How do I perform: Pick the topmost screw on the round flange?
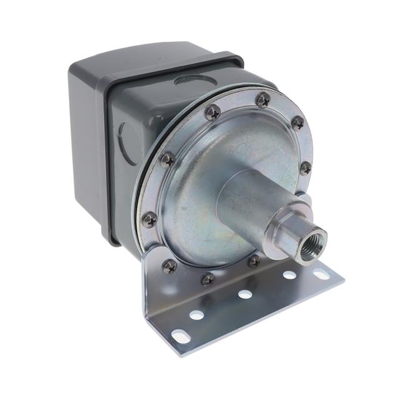click(263, 99)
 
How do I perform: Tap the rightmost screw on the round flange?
click(305, 168)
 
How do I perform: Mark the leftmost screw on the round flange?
click(150, 219)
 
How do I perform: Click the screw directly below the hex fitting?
click(254, 261)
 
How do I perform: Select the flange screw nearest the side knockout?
click(167, 160)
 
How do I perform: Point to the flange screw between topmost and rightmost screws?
click(297, 123)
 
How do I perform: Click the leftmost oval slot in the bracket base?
click(180, 337)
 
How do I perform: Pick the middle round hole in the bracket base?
click(245, 294)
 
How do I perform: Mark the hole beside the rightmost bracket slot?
click(289, 274)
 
